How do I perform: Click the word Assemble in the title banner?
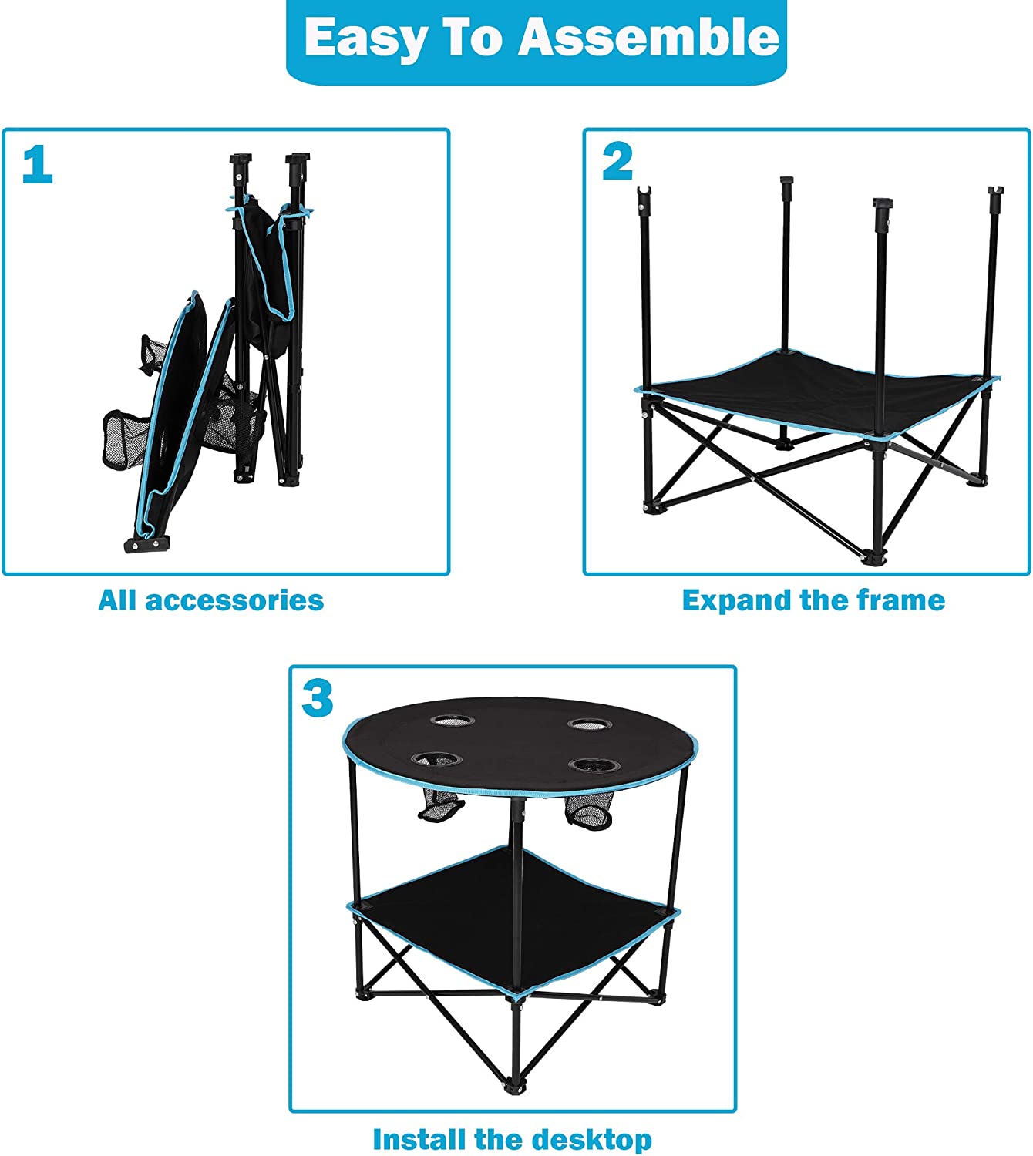pos(648,38)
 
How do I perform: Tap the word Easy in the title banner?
pos(366,39)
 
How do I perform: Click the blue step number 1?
pos(38,163)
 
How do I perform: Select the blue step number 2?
pos(617,162)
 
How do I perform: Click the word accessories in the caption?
pos(234,601)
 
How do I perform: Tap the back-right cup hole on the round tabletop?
pos(591,724)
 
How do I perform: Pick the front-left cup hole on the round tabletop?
pos(436,759)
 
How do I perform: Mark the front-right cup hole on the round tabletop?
pos(594,765)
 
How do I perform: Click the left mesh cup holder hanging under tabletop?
pos(441,805)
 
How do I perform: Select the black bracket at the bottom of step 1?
pos(147,544)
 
